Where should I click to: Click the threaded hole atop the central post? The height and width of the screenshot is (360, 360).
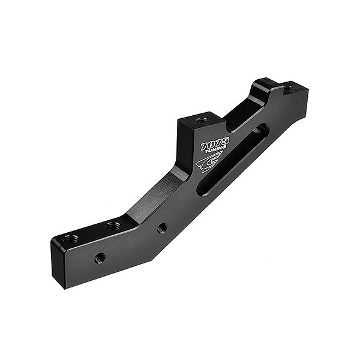click(202, 119)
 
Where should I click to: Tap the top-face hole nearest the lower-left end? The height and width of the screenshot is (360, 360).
click(70, 239)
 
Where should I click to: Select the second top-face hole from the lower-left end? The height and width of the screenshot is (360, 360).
click(112, 226)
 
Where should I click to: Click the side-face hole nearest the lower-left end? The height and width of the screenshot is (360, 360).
click(100, 258)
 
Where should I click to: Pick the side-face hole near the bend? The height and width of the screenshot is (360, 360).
click(162, 228)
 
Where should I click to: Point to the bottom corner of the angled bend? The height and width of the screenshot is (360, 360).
click(151, 259)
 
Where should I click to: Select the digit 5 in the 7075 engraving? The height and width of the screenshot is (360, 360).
click(225, 141)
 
